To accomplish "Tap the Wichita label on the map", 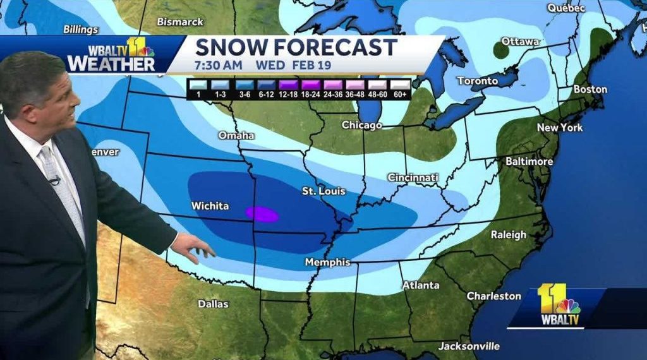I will pos(210,206).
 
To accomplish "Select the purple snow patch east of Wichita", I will pos(262,214).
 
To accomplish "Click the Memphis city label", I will pos(327,261).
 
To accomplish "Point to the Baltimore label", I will pos(529,162).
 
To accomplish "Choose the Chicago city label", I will pos(361,125).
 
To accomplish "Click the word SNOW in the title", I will pos(234,47).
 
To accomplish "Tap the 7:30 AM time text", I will pos(219,64).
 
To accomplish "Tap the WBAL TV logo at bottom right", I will pos(559,306).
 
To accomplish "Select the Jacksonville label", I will pos(469,346).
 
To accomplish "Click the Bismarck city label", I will pos(180,21).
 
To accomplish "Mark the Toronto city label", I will pos(477,81).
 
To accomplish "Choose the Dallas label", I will pos(213,304).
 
